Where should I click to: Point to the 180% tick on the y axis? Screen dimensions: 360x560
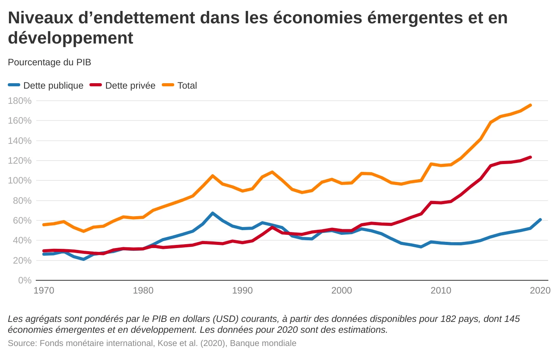20,101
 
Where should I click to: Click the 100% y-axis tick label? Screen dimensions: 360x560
20,180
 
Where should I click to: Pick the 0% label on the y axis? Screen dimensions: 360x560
25,280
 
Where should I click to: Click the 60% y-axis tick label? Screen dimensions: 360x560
20,220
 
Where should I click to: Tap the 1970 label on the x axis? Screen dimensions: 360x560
44,290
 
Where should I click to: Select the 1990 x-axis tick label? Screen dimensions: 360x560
242,290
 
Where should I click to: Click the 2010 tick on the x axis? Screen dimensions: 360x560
441,290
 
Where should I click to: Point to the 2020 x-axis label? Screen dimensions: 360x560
540,290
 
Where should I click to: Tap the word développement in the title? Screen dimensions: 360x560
70,38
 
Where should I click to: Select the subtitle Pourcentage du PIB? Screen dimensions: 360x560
49,62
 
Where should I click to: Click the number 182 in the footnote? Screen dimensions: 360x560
448,319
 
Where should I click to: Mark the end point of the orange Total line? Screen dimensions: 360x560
530,105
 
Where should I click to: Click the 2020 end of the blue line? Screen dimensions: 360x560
540,220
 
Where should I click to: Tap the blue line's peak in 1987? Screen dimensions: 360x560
213,213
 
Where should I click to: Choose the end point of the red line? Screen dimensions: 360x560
530,157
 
